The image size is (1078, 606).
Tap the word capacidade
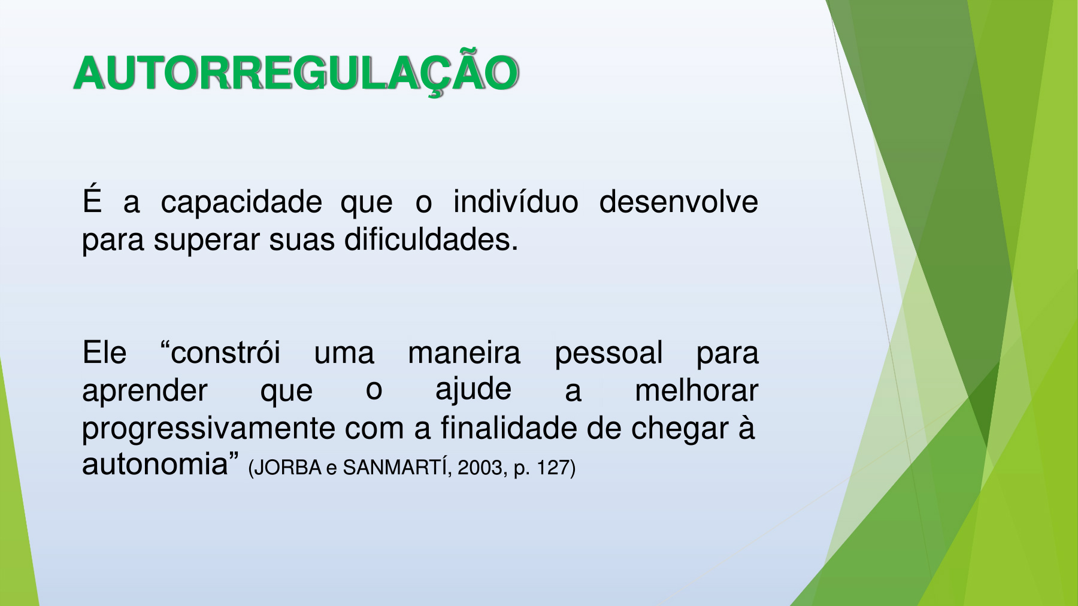[x=241, y=203]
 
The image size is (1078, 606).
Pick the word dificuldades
[x=431, y=240]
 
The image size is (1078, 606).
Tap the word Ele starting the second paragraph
[x=104, y=352]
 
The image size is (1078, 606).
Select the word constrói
[x=220, y=352]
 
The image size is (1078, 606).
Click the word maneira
[x=464, y=352]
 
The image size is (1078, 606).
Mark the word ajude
[x=473, y=390]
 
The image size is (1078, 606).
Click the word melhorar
[x=697, y=390]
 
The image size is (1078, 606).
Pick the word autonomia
[x=155, y=465]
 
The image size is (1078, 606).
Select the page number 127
[x=553, y=468]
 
